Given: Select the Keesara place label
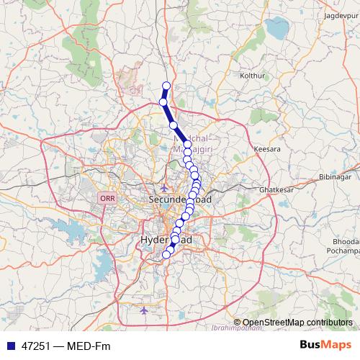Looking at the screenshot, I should tap(266, 148).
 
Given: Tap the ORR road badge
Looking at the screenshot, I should tap(107, 197).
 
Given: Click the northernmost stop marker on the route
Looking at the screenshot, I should tap(166, 86).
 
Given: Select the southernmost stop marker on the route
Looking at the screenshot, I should tap(166, 253).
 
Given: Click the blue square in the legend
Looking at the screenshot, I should tap(10, 346).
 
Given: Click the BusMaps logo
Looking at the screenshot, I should tap(325, 346).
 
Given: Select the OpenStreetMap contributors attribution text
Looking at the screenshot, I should tap(297, 323).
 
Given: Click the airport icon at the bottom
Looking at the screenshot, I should tap(144, 310).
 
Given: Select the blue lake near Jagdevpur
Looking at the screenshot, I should tap(277, 29).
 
